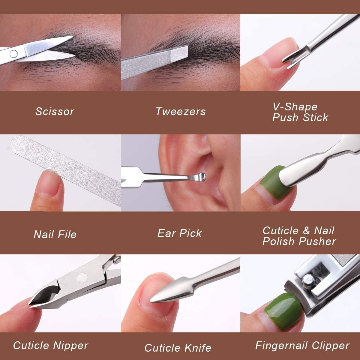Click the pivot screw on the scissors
pos(13,54)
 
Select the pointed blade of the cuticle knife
pos(168,291)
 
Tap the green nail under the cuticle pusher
pos(274,184)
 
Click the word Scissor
pos(55,112)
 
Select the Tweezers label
pos(181,112)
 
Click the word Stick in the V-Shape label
pos(315,118)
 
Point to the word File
pos(67,235)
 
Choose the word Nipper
pos(70,346)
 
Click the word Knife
pos(198,348)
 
